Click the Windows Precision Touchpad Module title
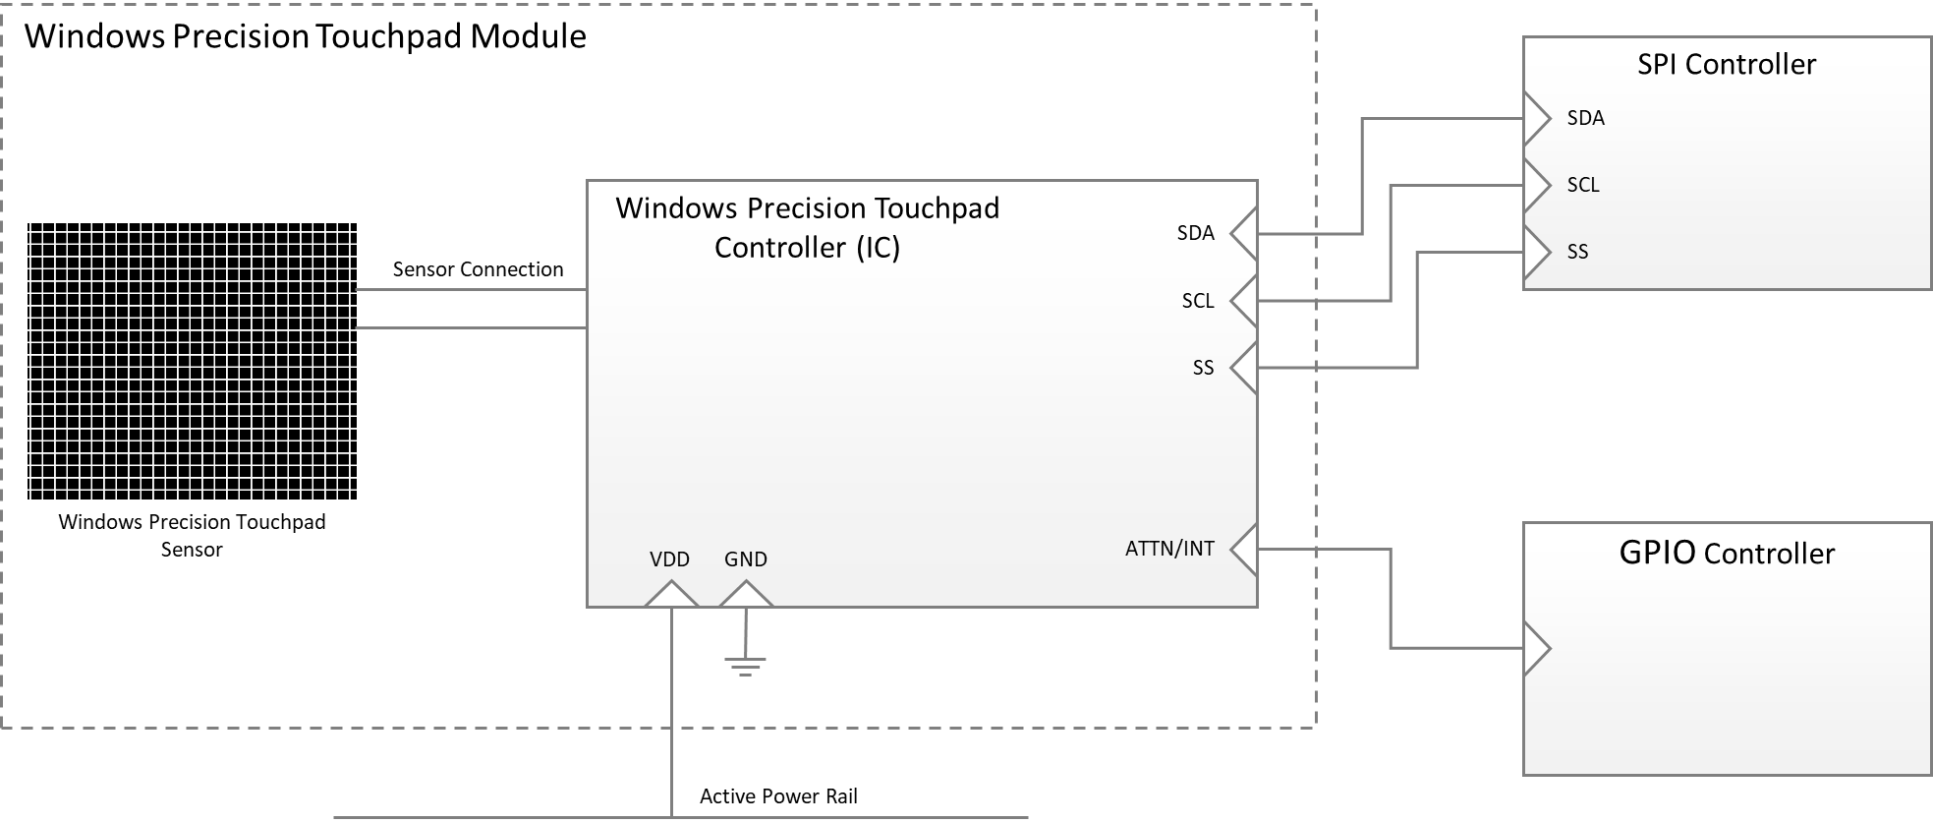[305, 36]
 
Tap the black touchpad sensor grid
[192, 361]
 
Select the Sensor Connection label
[478, 269]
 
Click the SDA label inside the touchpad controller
[1195, 233]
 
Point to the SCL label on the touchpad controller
[1197, 301]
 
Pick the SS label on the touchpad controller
[1203, 368]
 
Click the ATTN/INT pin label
[1168, 549]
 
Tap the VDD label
[669, 559]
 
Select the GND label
[745, 559]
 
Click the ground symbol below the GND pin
[745, 666]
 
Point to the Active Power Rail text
[778, 796]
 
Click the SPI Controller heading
[1726, 65]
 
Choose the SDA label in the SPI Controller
[1585, 118]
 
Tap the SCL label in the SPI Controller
[1583, 185]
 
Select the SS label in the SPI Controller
[1577, 252]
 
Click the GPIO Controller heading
[1726, 554]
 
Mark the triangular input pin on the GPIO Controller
[1535, 649]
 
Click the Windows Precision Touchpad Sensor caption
[192, 535]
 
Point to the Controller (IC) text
[807, 248]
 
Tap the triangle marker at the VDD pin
[671, 596]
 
